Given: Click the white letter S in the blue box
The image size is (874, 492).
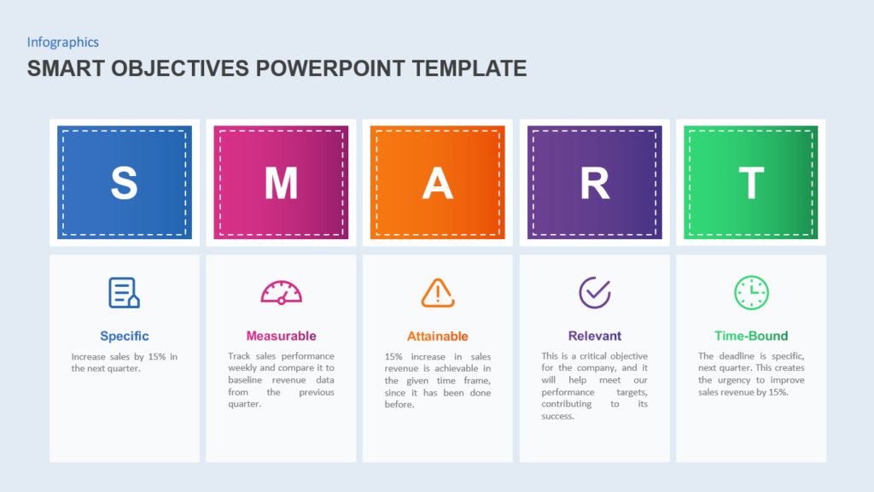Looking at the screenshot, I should [124, 183].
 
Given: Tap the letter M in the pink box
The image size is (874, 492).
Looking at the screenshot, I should [281, 183].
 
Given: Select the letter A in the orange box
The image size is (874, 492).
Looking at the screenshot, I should [437, 183].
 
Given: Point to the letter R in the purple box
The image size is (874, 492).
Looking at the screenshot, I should [594, 183].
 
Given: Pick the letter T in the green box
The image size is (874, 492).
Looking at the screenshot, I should [751, 183].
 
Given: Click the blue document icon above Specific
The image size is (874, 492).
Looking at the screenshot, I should [124, 293].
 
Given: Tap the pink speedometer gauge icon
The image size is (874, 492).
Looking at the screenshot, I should [281, 293].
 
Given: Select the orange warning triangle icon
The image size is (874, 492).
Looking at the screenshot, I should [437, 293].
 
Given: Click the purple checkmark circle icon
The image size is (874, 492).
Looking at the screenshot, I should [594, 293].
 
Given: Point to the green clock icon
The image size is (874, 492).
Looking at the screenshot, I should [751, 293].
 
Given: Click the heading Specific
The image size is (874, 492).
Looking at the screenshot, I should [124, 336].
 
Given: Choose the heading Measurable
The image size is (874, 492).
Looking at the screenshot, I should [281, 336].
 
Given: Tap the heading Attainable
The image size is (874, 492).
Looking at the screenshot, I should [437, 336].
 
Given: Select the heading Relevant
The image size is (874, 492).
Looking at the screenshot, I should [594, 336].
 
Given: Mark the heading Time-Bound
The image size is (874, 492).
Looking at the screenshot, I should [751, 336].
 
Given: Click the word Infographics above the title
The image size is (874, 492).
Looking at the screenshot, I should [62, 42].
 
